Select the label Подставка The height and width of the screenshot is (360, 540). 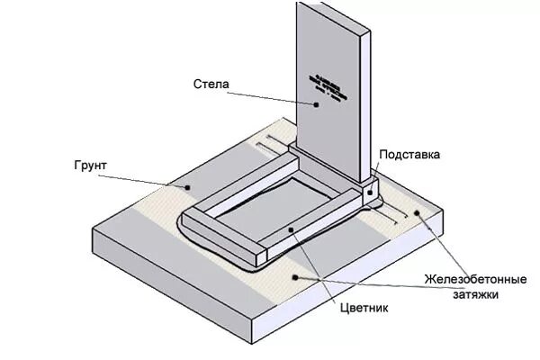tap(409, 155)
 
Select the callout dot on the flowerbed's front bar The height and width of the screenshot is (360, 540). tap(291, 231)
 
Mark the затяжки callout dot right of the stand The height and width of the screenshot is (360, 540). tap(416, 212)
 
